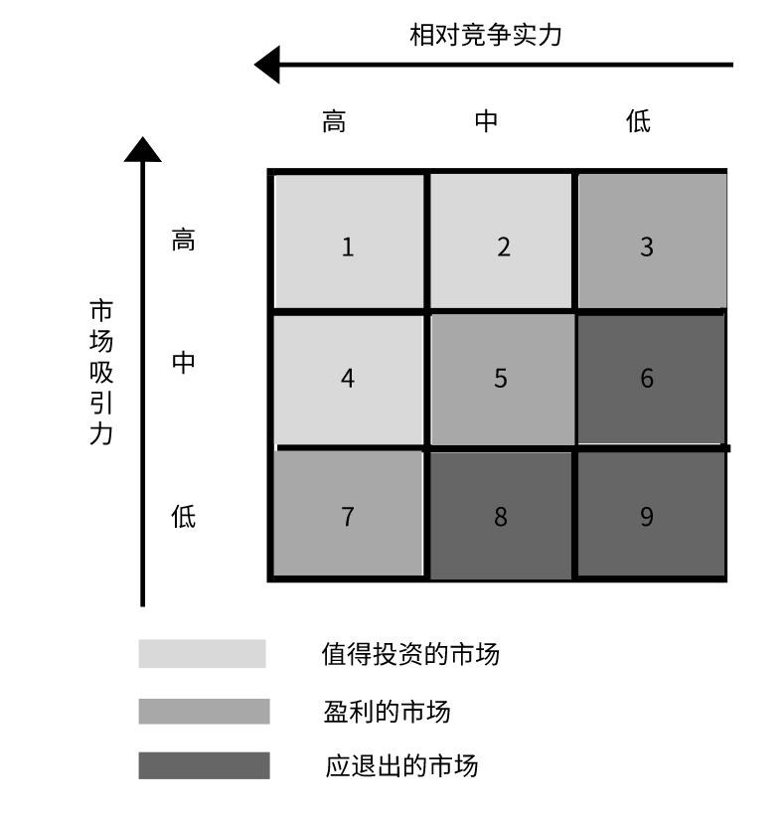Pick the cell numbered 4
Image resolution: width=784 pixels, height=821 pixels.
pos(348,379)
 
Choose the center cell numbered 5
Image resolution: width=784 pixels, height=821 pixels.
pos(502,379)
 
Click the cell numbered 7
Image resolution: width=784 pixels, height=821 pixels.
pos(348,515)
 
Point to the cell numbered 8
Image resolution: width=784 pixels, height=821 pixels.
pos(502,515)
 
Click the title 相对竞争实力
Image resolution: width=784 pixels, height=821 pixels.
pos(486,36)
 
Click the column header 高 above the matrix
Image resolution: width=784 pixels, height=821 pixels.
pos(334,122)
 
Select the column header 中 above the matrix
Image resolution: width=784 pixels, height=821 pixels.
pos(486,122)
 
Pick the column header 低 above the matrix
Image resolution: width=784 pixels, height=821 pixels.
pos(638,122)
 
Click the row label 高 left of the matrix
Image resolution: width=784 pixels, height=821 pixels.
pos(184,241)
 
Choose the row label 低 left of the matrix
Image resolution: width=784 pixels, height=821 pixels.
pos(184,517)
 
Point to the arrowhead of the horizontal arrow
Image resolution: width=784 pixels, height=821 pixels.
pos(266,66)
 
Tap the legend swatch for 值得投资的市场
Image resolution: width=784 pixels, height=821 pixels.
pos(203,654)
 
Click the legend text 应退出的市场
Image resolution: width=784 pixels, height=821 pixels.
pos(401,766)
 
